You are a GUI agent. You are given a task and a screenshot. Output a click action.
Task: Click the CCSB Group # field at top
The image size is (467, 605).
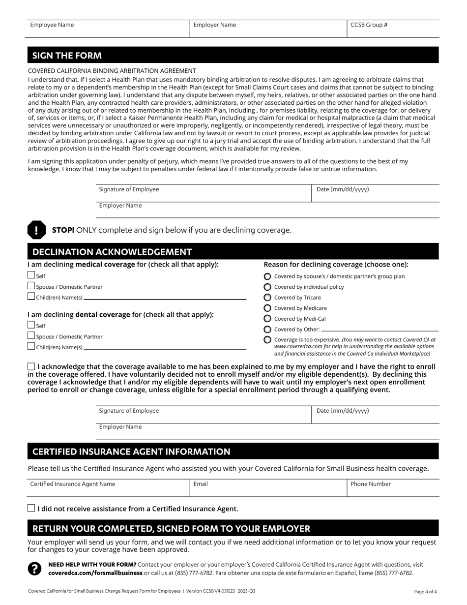click(393, 29)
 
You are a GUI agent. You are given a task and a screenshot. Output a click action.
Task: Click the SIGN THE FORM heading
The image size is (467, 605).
click(67, 56)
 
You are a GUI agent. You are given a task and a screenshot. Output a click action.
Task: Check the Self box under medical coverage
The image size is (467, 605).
click(31, 275)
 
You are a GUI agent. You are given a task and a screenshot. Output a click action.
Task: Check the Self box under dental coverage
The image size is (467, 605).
click(31, 325)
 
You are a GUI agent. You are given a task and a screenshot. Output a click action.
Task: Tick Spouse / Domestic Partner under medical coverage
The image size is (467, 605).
click(31, 286)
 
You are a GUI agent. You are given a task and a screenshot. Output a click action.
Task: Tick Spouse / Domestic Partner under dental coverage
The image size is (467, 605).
click(31, 336)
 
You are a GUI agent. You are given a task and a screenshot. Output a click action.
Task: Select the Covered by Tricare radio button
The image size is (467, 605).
click(267, 298)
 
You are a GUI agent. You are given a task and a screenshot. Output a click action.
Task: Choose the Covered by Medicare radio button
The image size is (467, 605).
click(267, 308)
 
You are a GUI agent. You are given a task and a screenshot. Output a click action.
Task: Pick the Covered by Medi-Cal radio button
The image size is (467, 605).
click(267, 319)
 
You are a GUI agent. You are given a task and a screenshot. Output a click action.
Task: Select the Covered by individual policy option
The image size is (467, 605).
click(267, 287)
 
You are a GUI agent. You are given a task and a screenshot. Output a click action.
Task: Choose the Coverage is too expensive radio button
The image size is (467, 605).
click(267, 340)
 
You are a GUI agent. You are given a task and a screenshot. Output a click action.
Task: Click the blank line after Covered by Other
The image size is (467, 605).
click(379, 330)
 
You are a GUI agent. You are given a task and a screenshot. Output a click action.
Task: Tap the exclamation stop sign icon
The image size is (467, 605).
click(36, 230)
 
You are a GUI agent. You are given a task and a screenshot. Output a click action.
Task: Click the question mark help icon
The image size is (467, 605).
click(34, 569)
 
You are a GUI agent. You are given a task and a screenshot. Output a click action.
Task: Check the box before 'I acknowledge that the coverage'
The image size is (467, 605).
click(31, 366)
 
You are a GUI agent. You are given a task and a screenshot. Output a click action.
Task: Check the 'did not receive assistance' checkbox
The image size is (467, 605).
click(31, 509)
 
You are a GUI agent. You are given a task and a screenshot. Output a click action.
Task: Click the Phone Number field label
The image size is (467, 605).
click(371, 484)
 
